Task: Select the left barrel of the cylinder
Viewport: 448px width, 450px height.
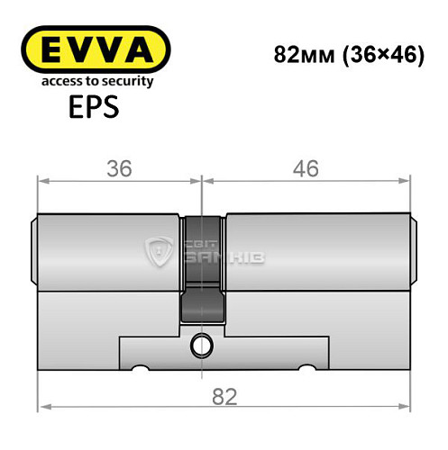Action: pos(108,247)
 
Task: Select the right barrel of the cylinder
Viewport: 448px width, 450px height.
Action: pos(315,247)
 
